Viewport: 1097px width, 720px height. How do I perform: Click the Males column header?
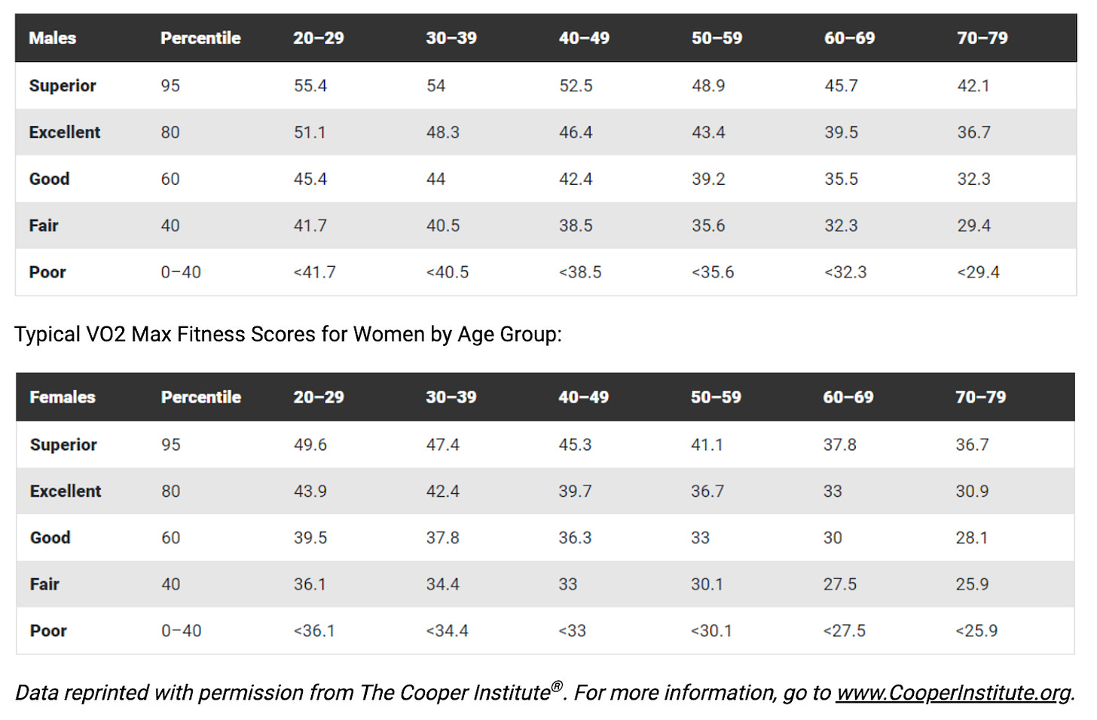click(53, 38)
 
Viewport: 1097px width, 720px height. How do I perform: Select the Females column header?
click(63, 397)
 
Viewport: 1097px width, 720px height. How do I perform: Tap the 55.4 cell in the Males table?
click(310, 86)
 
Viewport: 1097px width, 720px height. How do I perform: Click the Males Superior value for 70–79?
click(973, 86)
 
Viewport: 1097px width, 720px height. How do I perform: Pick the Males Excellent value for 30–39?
click(443, 133)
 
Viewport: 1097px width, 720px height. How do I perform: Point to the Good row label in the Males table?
click(49, 179)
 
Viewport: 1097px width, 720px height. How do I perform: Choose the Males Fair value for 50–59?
click(708, 225)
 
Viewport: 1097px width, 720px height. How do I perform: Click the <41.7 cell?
click(314, 272)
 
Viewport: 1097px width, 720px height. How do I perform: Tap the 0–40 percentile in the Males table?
click(181, 272)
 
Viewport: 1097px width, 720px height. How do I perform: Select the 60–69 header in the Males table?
click(849, 38)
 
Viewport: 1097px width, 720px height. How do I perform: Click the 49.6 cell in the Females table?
click(310, 445)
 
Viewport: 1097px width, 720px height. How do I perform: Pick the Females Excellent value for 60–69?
click(833, 491)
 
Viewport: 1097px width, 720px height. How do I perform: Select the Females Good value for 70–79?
click(972, 538)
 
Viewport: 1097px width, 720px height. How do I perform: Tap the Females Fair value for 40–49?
click(567, 584)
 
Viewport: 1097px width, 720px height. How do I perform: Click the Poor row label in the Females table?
click(48, 631)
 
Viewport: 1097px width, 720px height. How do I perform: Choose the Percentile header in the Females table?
click(200, 397)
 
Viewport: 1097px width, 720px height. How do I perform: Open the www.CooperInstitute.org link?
click(953, 693)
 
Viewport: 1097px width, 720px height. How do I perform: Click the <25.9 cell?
click(976, 631)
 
